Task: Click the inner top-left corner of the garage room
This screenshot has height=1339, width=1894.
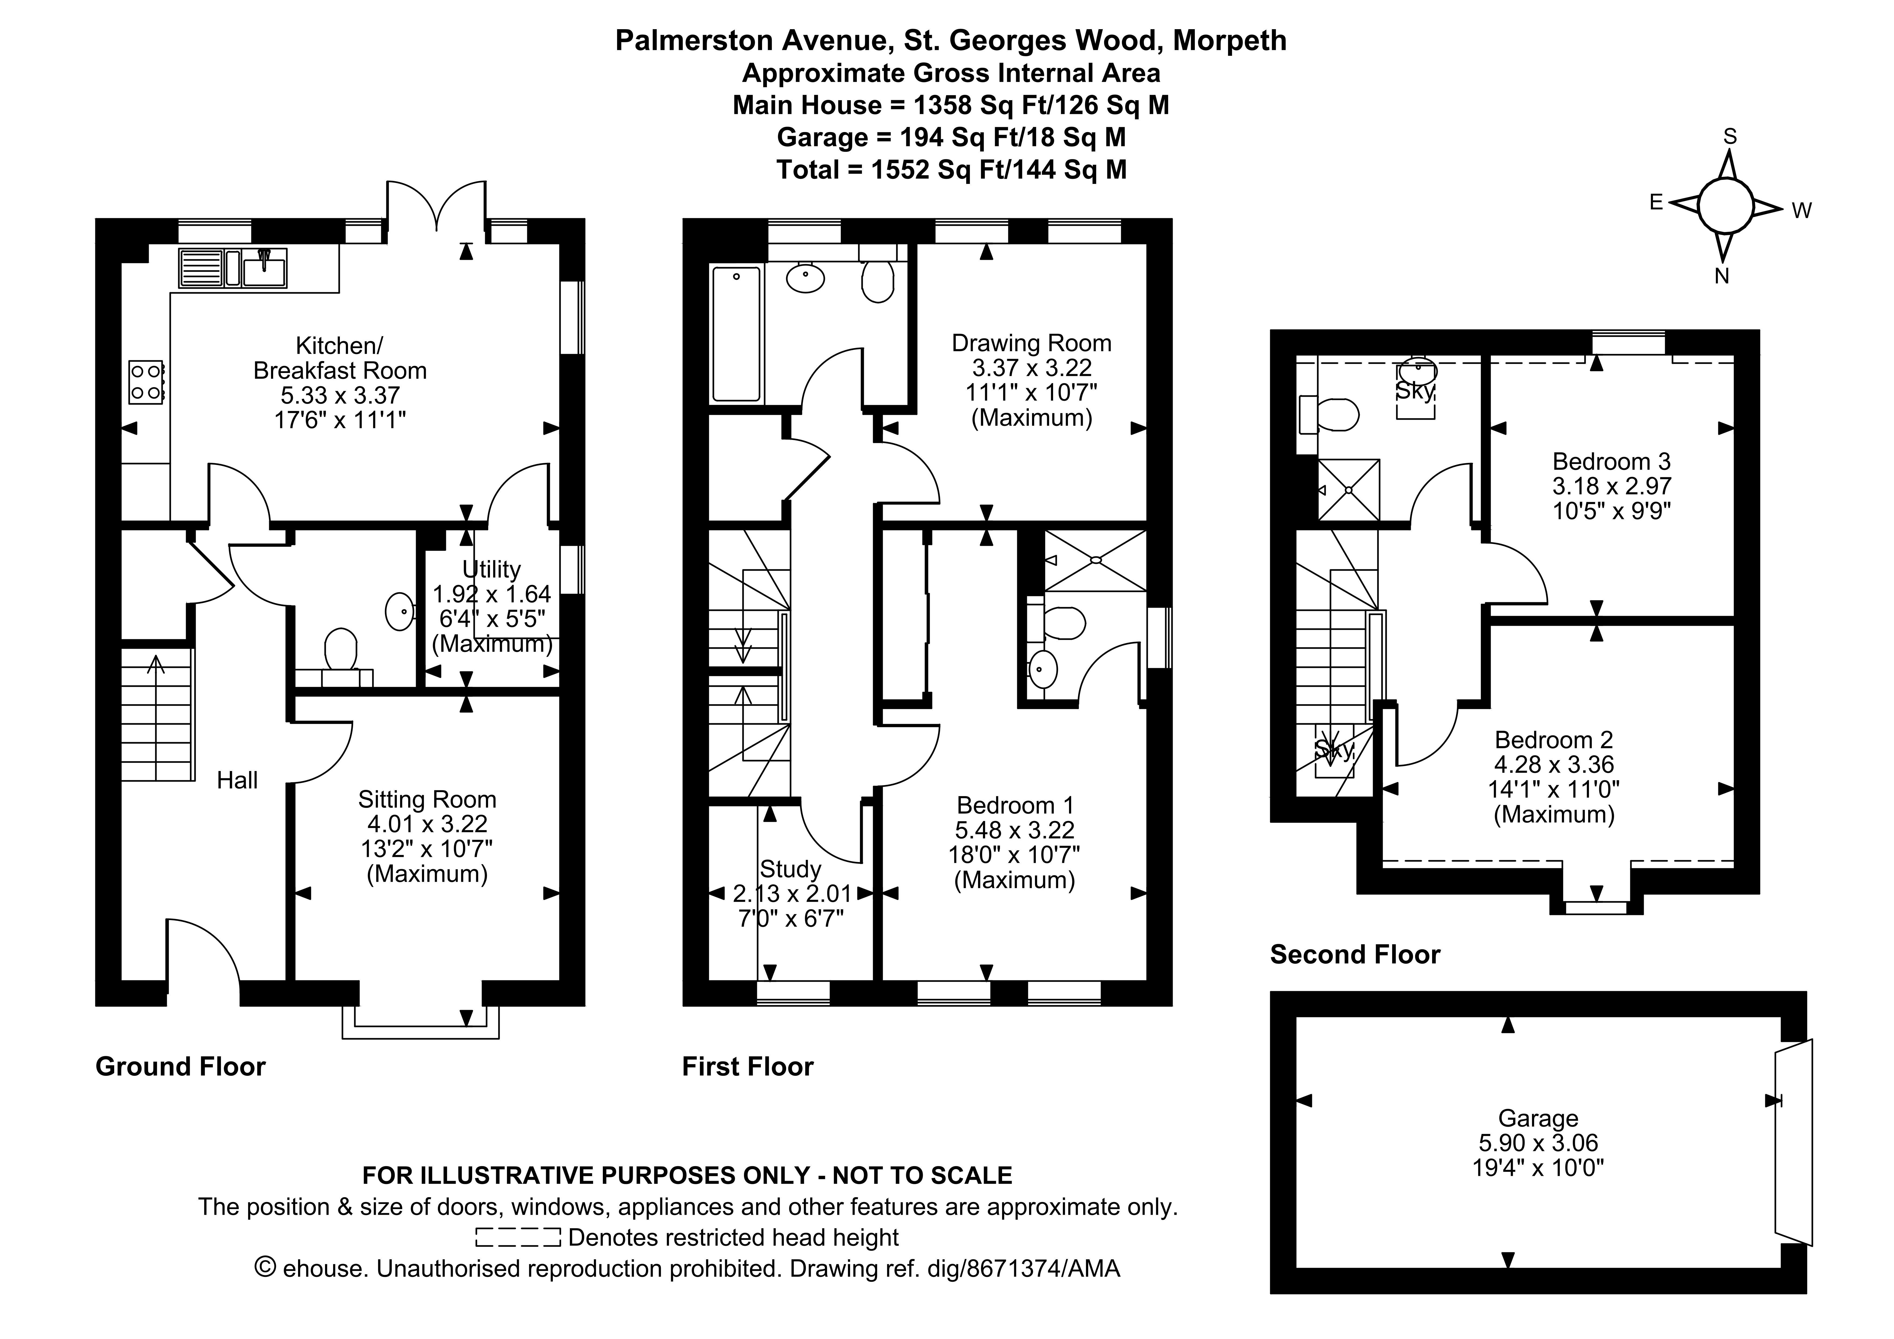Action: [1297, 1017]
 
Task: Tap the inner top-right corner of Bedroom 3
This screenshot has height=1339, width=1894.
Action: [1734, 356]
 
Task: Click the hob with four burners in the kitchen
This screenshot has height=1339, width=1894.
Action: [146, 382]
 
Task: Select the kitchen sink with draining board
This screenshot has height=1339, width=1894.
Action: [233, 267]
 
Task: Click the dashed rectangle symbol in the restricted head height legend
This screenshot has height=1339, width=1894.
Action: [518, 1237]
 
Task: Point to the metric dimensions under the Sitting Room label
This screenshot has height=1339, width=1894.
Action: [427, 823]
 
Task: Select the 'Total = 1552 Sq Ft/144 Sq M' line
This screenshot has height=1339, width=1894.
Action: [951, 169]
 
